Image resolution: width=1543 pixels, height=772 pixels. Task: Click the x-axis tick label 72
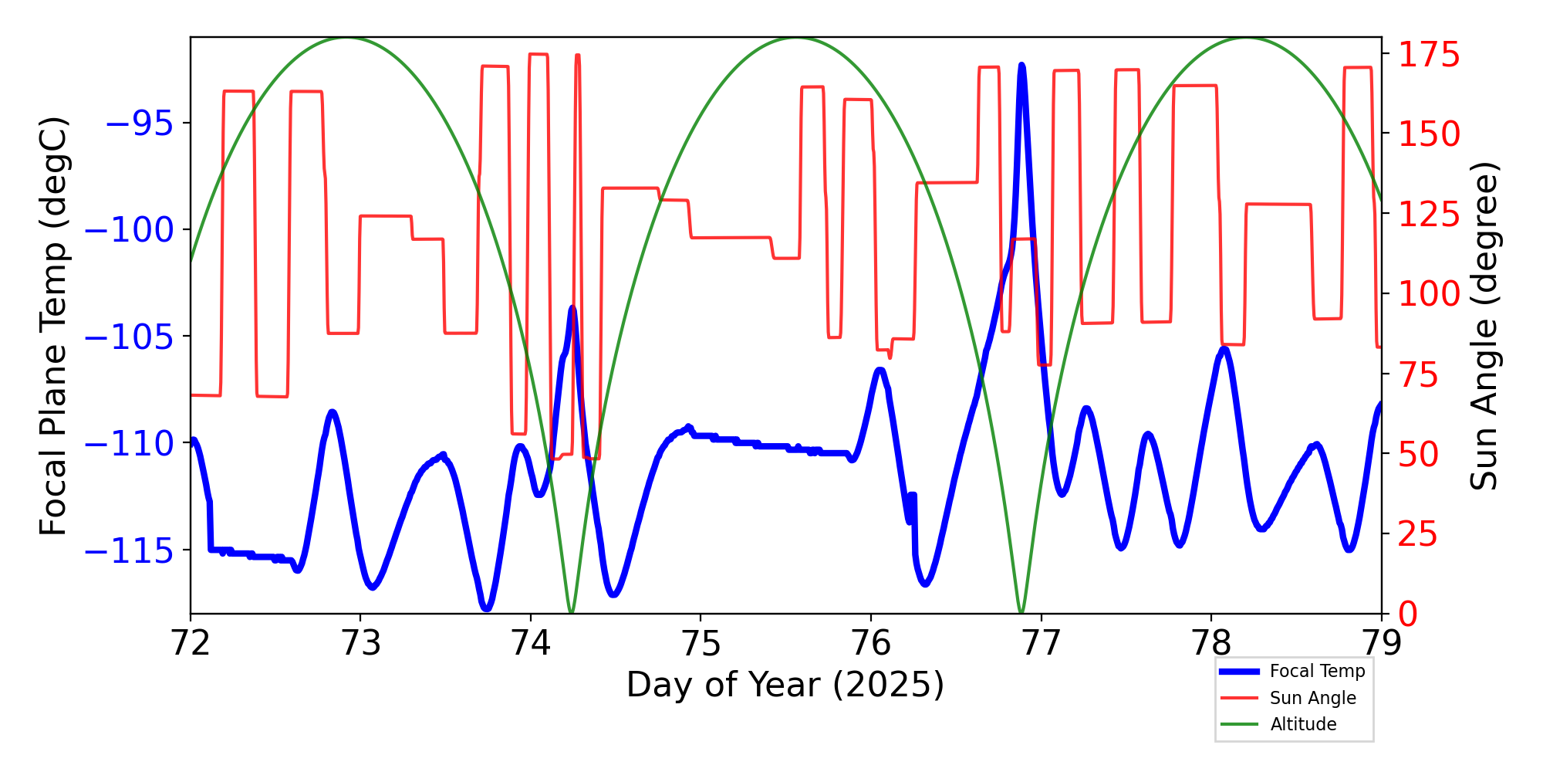(190, 643)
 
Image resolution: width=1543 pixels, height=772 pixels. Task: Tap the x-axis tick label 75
(701, 643)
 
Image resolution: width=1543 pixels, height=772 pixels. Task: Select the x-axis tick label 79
(1381, 643)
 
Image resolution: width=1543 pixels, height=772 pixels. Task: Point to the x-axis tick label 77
(1041, 643)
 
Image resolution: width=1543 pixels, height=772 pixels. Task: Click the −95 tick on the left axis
(139, 124)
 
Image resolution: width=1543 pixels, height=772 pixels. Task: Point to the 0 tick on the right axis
(1408, 615)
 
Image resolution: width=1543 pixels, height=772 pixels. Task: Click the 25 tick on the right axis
(1419, 534)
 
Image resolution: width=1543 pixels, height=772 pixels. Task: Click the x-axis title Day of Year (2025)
(785, 685)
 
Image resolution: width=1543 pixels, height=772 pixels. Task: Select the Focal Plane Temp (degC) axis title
(54, 326)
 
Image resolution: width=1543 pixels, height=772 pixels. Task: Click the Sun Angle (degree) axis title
(1483, 326)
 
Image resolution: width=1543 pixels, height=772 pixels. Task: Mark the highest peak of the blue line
(1021, 66)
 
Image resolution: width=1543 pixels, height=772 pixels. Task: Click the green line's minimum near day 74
(571, 612)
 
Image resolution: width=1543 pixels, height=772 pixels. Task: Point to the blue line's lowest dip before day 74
(486, 608)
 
